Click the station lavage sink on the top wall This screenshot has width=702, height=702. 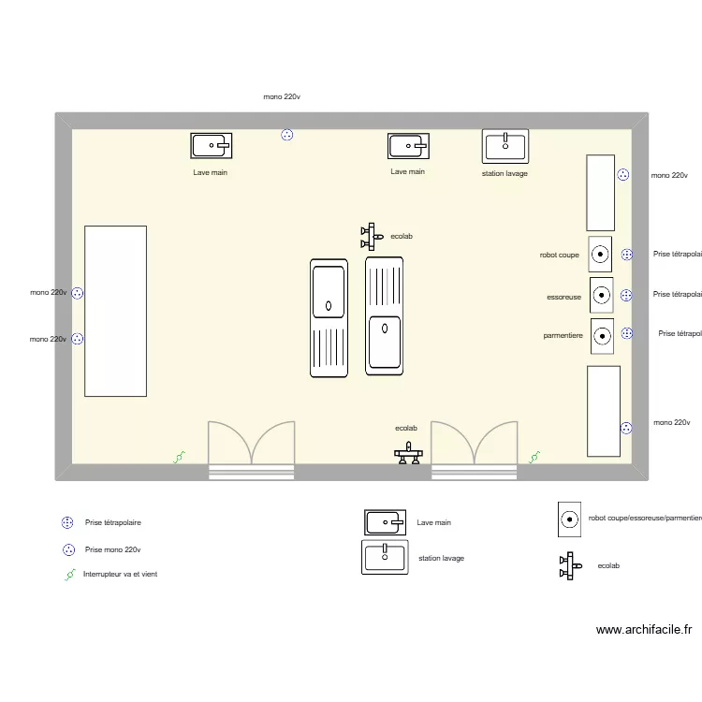tap(505, 145)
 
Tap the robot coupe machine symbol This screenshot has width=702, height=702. tap(601, 254)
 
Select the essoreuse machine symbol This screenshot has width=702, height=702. tap(601, 295)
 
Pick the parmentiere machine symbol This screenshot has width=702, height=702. tap(602, 335)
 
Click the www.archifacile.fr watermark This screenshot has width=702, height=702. tap(644, 631)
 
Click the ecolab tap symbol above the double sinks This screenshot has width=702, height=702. tap(370, 236)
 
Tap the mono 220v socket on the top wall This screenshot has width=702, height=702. tap(287, 135)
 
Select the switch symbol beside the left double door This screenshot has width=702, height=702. tap(179, 458)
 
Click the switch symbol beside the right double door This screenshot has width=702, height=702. tap(534, 458)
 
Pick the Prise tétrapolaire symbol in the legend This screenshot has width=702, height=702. tap(67, 523)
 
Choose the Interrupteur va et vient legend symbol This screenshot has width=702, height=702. tap(69, 575)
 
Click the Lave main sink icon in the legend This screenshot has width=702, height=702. tap(386, 522)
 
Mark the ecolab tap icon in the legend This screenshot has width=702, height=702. tap(567, 565)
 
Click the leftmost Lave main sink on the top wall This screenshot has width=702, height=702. tap(212, 145)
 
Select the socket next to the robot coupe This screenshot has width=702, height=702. tap(626, 254)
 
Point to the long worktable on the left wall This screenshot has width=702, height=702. tap(115, 310)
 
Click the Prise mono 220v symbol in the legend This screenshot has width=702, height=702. tap(67, 549)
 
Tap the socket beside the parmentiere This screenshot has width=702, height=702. tap(626, 333)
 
